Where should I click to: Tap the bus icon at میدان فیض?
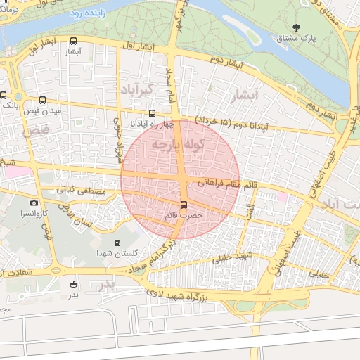(44, 100)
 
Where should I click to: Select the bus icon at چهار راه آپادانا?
(152, 112)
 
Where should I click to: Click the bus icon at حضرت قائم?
(184, 205)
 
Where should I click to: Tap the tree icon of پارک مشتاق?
(295, 28)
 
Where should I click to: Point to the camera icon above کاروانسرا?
(33, 202)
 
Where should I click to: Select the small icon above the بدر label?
(74, 284)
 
